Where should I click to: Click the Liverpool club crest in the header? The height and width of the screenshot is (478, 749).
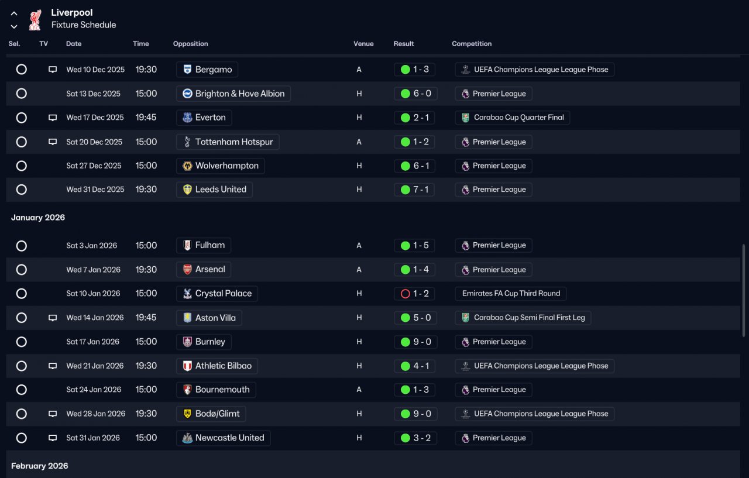pyautogui.click(x=35, y=19)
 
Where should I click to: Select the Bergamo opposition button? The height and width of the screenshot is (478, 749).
pyautogui.click(x=207, y=70)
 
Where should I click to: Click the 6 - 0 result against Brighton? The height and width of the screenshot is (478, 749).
pyautogui.click(x=415, y=94)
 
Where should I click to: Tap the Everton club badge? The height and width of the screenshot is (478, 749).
pyautogui.click(x=187, y=118)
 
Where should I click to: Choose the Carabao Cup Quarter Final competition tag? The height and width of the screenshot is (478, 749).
pyautogui.click(x=513, y=118)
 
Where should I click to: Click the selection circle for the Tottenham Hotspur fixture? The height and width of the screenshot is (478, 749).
pyautogui.click(x=22, y=142)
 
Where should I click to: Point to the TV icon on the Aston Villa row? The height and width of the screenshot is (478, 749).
pyautogui.click(x=53, y=318)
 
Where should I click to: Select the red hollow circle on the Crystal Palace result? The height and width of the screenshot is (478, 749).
pyautogui.click(x=405, y=294)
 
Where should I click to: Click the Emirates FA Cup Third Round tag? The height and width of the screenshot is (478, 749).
pyautogui.click(x=511, y=294)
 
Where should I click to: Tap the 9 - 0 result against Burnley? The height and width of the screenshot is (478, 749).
pyautogui.click(x=415, y=342)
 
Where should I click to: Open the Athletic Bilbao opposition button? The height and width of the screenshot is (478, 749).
pyautogui.click(x=217, y=366)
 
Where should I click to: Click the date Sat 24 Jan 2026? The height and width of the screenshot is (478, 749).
pyautogui.click(x=94, y=390)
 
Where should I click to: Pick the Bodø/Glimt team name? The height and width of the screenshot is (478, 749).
pyautogui.click(x=218, y=414)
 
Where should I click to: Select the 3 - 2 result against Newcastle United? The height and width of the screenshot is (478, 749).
pyautogui.click(x=415, y=438)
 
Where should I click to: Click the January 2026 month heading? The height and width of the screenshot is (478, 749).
pyautogui.click(x=38, y=218)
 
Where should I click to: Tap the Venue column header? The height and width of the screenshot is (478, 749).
pyautogui.click(x=363, y=44)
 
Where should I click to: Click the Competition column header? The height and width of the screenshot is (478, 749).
pyautogui.click(x=472, y=44)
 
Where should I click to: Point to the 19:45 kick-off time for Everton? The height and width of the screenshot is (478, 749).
pyautogui.click(x=146, y=118)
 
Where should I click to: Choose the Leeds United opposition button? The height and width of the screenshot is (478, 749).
pyautogui.click(x=214, y=190)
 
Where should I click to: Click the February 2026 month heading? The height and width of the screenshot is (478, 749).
pyautogui.click(x=40, y=466)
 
